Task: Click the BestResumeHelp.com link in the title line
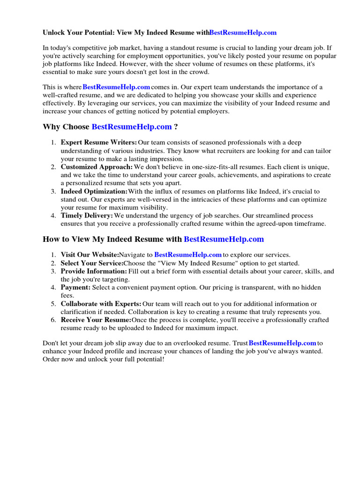[x=243, y=33]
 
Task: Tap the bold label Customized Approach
[x=97, y=167]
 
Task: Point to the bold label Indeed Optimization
[x=94, y=191]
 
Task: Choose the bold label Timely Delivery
[x=87, y=216]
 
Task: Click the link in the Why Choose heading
[x=132, y=127]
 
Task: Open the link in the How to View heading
[x=224, y=239]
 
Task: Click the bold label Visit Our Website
[x=90, y=255]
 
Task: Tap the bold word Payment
[x=75, y=287]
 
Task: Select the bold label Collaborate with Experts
[x=101, y=304]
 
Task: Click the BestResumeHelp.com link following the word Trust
[x=282, y=343]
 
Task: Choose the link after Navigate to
[x=187, y=255]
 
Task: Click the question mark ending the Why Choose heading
[x=176, y=127]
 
